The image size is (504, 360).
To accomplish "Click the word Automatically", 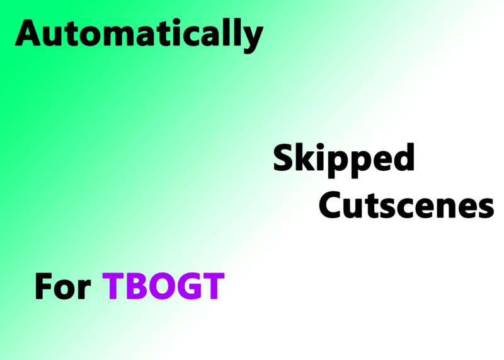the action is click(139, 35).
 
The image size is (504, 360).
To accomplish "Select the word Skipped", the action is click(343, 160).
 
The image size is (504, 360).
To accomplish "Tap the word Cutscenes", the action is click(406, 205).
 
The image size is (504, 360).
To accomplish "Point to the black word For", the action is click(62, 286).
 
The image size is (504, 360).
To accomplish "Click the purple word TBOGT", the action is click(163, 286).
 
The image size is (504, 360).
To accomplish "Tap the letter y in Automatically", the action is click(251, 39).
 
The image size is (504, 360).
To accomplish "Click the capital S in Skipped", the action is click(283, 158).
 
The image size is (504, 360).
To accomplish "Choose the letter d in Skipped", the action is click(403, 157).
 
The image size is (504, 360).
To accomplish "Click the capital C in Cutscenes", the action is click(330, 205).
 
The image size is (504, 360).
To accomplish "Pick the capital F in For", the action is click(43, 286).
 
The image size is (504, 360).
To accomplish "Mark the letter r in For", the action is click(85, 289).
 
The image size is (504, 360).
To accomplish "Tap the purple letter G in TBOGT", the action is click(188, 286).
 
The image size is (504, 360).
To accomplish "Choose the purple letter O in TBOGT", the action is click(161, 286).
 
